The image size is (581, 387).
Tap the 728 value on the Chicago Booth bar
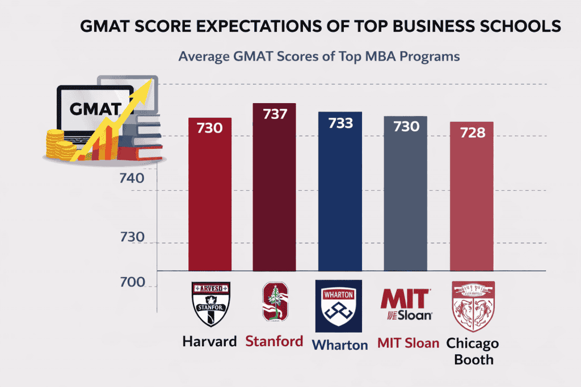click(x=472, y=133)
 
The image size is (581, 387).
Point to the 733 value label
click(x=340, y=123)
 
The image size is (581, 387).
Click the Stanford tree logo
click(x=275, y=302)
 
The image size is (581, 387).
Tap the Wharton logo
click(x=339, y=306)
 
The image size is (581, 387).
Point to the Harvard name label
click(x=209, y=342)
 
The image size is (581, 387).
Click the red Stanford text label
click(x=275, y=341)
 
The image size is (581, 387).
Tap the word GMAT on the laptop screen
click(x=94, y=109)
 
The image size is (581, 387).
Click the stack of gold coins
click(x=59, y=145)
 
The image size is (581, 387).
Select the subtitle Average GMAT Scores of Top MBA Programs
click(x=318, y=57)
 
